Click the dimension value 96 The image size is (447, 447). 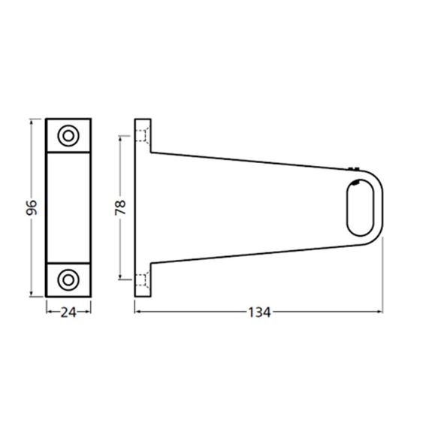[31, 207]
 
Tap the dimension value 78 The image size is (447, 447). [120, 207]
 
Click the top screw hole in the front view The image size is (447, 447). [68, 136]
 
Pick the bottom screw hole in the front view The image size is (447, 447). [68, 279]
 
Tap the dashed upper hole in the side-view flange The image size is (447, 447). [143, 137]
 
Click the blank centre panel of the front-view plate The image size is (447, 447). [68, 207]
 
